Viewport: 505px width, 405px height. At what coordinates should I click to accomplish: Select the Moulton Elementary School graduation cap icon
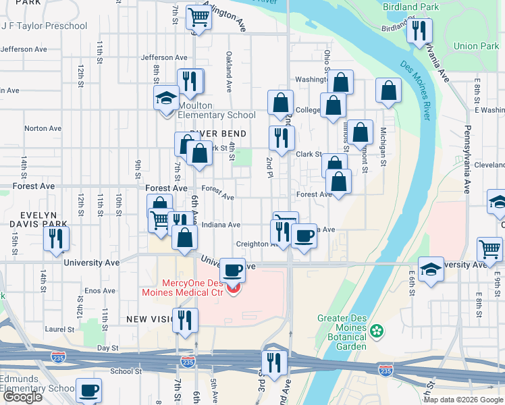point(166,99)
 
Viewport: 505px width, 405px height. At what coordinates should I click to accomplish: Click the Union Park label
point(477,47)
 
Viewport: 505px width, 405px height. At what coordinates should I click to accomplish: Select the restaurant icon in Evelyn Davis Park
point(55,238)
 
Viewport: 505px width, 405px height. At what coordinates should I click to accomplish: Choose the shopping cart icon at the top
point(198,16)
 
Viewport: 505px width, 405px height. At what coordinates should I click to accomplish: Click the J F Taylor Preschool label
point(45,26)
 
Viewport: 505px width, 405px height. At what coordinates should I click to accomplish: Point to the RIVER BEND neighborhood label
point(217,134)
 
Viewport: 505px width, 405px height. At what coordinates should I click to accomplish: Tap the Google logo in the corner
point(22,396)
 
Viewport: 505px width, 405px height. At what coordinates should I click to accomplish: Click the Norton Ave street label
point(43,128)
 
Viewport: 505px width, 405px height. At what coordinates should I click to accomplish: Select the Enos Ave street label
point(100,290)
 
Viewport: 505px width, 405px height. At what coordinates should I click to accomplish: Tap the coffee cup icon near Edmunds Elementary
point(88,389)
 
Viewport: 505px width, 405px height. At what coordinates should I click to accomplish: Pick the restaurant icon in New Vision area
point(184,319)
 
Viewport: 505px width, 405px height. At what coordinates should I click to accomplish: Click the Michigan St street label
point(383,146)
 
